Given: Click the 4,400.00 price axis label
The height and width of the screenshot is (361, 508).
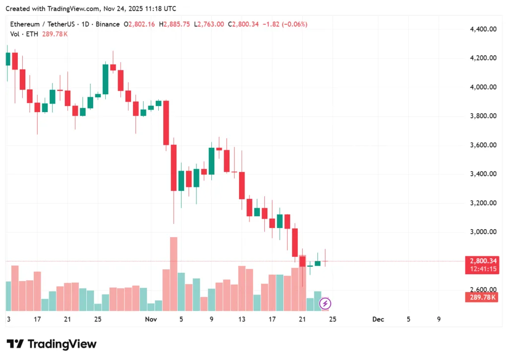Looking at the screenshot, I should (483, 29).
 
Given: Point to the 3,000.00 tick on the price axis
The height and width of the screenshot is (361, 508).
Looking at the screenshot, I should (483, 232).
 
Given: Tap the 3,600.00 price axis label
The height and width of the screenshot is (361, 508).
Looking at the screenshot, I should (483, 145).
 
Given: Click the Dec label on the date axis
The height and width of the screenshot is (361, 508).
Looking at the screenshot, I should (378, 319).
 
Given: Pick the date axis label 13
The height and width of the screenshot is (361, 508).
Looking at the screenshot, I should (242, 319).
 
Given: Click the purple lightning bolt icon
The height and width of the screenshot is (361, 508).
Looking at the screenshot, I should (325, 303).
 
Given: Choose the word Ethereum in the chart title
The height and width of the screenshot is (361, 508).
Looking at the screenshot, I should (25, 24).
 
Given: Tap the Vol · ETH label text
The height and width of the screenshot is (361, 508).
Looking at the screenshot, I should (24, 34).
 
